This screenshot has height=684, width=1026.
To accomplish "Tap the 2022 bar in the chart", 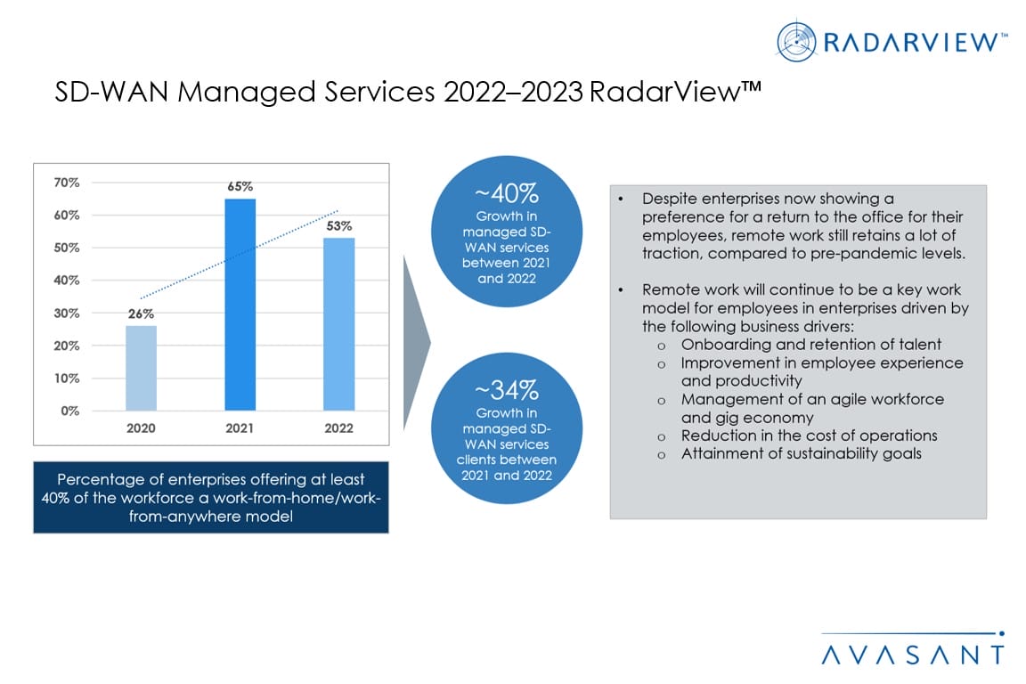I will [338, 324].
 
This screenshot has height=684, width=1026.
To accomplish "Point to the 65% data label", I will [240, 187].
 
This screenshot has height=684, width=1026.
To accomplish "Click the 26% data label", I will [141, 313].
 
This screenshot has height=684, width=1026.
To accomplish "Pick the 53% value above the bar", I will [338, 226].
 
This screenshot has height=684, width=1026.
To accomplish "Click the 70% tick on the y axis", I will [67, 183].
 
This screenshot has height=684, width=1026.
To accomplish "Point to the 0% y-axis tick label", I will [70, 411].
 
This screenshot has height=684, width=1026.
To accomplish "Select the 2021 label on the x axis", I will [240, 428].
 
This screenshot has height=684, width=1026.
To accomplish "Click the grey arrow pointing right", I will [415, 340].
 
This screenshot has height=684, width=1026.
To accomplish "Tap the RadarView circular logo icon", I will [796, 41].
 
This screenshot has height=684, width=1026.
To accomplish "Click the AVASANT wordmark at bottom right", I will [913, 655].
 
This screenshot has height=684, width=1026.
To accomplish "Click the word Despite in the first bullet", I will [668, 199].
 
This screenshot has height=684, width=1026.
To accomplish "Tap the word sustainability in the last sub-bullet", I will [832, 453].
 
